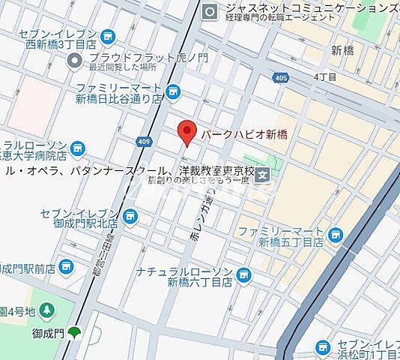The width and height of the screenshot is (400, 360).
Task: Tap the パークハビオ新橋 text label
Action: coord(243,134)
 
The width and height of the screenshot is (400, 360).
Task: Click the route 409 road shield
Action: coord(145,141)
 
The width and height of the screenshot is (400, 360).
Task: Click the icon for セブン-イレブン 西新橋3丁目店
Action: coord(107,35)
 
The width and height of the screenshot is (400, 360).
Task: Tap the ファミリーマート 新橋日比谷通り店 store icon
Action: coord(174,91)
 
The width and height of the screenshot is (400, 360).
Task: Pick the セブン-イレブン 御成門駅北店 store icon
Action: coord(130,217)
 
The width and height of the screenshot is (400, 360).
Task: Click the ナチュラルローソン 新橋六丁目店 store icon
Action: coord(243,276)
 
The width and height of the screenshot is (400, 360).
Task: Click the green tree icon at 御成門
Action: coord(73,332)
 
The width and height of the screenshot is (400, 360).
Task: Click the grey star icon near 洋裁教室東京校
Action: coord(263,175)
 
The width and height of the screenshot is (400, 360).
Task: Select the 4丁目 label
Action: coord(325,76)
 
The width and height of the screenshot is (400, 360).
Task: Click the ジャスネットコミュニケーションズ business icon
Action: coord(210,10)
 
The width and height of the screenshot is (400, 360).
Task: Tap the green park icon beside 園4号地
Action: coord(46,309)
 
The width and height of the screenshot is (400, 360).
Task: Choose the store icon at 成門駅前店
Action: coord(66,266)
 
